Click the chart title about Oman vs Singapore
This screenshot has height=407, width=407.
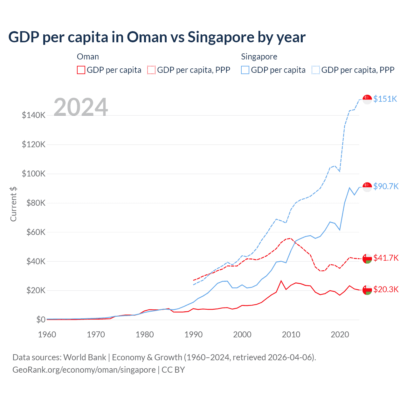tap(157, 37)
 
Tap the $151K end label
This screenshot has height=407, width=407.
tap(385, 99)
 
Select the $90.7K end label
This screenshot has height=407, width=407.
tap(386, 186)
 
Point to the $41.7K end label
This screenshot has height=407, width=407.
tap(386, 258)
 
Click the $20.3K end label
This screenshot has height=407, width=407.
tap(386, 289)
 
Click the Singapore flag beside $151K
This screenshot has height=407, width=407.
tap(367, 99)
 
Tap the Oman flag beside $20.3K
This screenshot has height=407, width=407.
tap(367, 290)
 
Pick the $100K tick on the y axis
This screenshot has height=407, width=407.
tap(34, 174)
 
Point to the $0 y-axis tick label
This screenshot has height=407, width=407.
tap(41, 320)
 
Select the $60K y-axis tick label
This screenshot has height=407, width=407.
tap(34, 232)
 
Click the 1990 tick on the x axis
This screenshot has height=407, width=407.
tap(193, 335)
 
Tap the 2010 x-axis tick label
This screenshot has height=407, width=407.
tap(291, 335)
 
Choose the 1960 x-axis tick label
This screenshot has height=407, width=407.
tap(47, 335)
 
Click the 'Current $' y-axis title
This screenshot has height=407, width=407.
tap(13, 204)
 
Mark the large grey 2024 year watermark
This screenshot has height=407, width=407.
tap(81, 107)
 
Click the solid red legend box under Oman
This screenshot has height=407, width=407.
tap(81, 70)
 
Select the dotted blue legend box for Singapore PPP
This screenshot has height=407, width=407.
tap(316, 70)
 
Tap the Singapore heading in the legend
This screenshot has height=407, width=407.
tap(259, 57)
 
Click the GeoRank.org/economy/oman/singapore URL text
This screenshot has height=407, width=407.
tap(84, 370)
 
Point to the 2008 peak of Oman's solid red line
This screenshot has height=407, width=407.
tap(281, 281)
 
